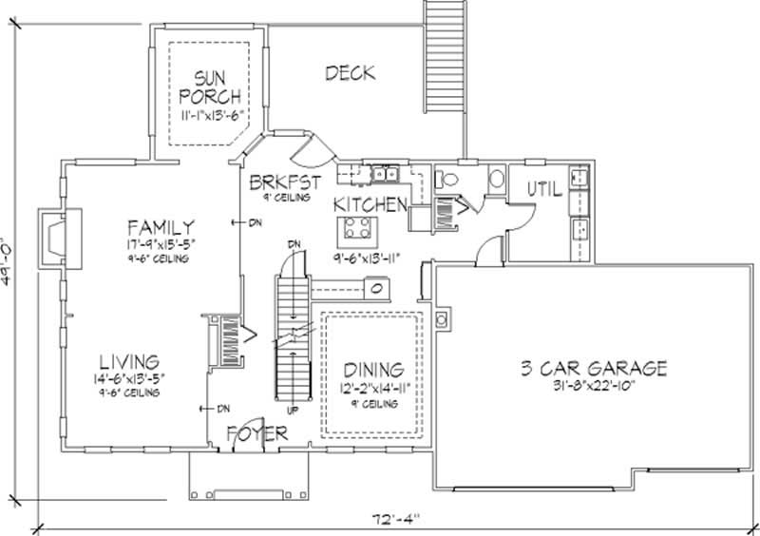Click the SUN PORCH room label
[x=208, y=86]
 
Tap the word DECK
[x=349, y=72]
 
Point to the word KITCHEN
[x=370, y=204]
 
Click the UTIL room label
[x=544, y=190]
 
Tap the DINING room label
[x=373, y=369]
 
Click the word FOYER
[x=256, y=434]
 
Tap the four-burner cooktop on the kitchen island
[x=357, y=229]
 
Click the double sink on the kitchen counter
[x=385, y=173]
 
